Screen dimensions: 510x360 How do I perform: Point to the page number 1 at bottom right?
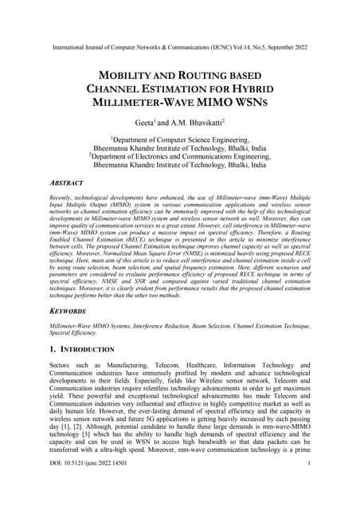tap(307, 484)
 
